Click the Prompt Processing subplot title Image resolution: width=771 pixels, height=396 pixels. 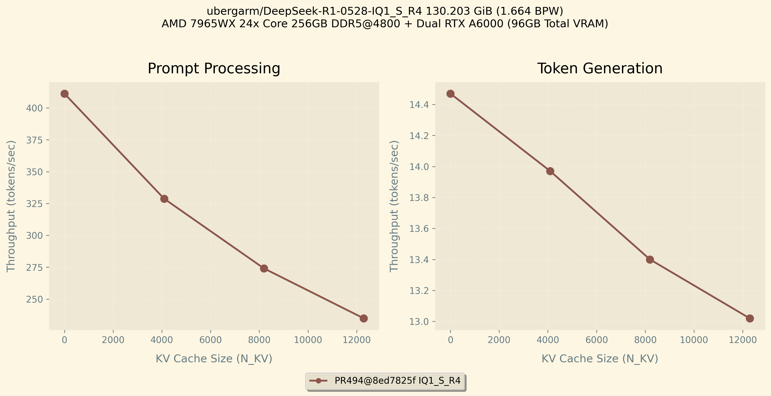214,69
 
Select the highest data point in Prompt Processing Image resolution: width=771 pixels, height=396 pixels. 64,94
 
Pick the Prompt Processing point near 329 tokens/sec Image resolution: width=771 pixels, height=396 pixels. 164,199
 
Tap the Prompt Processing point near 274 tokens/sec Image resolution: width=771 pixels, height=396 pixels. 264,268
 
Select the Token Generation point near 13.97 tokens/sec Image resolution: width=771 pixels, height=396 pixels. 550,171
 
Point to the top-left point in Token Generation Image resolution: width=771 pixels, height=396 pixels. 450,94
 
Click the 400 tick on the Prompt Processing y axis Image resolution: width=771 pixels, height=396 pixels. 34,108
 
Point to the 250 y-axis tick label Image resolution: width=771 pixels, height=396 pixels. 34,299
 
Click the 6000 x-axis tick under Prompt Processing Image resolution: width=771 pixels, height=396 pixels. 210,340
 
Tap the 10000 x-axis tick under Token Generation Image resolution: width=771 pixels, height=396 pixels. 694,340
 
